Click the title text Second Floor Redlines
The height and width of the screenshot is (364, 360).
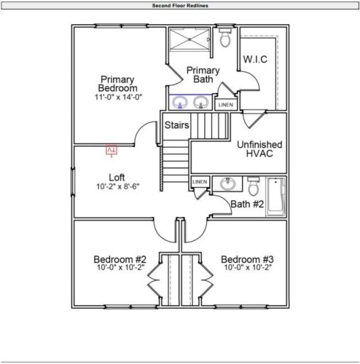tap(179, 5)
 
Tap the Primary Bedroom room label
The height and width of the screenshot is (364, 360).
tap(118, 83)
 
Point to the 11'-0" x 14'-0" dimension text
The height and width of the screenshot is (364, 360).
tap(118, 97)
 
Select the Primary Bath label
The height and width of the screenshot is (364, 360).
tap(203, 75)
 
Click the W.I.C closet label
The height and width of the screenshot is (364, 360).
tap(255, 59)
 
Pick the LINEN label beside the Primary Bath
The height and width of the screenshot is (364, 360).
tap(225, 105)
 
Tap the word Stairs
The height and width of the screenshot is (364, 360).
tap(176, 125)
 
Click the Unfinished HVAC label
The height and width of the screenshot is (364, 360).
tap(259, 149)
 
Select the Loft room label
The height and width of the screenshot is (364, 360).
tap(117, 177)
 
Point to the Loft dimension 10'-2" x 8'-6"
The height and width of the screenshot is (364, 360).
tap(117, 187)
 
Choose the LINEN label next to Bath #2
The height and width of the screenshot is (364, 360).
tap(200, 182)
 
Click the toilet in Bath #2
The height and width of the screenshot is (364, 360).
tap(253, 187)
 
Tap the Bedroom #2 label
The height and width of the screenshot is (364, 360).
tap(120, 263)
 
